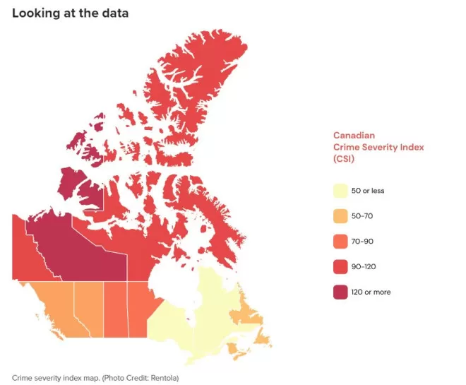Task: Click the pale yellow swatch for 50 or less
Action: pyautogui.click(x=340, y=191)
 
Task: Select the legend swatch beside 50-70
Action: pyautogui.click(x=340, y=216)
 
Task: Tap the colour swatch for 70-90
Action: pyautogui.click(x=340, y=242)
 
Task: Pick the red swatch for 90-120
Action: pyautogui.click(x=340, y=267)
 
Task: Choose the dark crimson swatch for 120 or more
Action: pyautogui.click(x=340, y=292)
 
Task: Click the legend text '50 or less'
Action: pyautogui.click(x=368, y=191)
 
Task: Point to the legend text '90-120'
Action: pyautogui.click(x=364, y=267)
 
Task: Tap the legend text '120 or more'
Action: pyautogui.click(x=371, y=292)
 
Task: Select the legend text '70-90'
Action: pyautogui.click(x=362, y=242)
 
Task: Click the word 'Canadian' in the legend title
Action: pyautogui.click(x=354, y=135)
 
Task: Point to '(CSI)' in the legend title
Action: pyautogui.click(x=344, y=159)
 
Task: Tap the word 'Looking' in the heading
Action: pyautogui.click(x=36, y=13)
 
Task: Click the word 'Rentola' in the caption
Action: pyautogui.click(x=164, y=378)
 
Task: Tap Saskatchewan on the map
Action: pyautogui.click(x=116, y=309)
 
